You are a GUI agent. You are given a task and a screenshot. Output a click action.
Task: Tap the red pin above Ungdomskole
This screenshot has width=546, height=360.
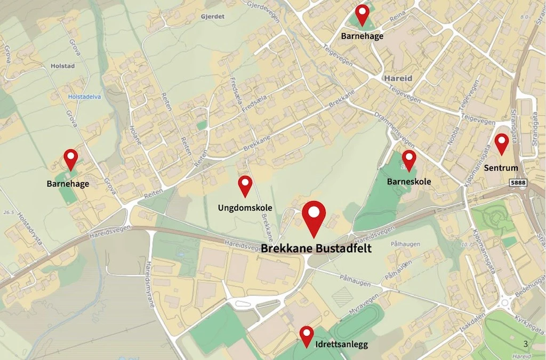point(245,185)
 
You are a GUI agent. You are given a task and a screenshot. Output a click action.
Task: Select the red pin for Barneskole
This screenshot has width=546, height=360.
point(409,159)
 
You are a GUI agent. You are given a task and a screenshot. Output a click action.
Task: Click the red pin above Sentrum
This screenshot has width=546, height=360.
point(501,143)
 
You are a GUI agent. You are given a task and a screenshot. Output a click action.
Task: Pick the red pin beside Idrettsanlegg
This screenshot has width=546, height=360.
point(306,335)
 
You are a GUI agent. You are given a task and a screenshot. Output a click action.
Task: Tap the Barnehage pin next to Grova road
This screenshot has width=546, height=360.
point(70,158)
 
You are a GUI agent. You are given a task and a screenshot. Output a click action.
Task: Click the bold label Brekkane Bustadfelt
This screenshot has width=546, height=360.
point(316,249)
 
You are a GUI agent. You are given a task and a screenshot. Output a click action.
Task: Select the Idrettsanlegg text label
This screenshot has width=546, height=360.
point(341,345)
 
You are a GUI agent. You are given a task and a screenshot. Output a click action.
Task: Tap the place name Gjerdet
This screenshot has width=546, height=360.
point(212,17)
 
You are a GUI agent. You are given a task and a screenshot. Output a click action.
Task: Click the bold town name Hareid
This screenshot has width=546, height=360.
point(398,78)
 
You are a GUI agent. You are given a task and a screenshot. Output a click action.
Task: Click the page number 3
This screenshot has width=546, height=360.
point(525,344)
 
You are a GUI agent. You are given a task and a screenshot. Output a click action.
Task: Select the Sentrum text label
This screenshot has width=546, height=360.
point(501,168)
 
